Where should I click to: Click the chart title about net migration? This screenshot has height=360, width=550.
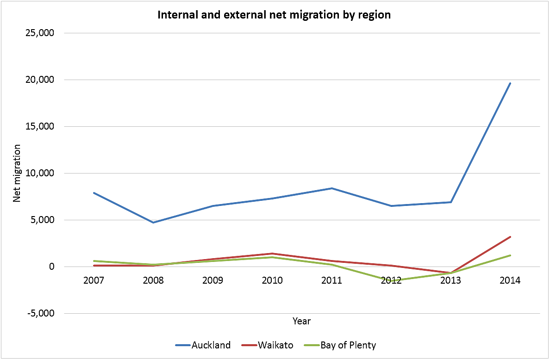click(274, 15)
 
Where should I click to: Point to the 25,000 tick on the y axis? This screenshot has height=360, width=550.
click(42, 33)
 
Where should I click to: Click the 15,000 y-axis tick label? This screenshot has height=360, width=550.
click(42, 127)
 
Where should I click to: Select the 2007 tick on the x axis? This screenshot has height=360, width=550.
click(94, 281)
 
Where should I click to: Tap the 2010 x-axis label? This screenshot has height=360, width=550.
click(272, 281)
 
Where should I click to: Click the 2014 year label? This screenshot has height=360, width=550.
click(510, 281)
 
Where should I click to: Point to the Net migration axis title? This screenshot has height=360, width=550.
click(17, 173)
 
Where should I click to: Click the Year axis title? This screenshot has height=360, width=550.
click(302, 321)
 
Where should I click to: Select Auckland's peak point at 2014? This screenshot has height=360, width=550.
click(510, 83)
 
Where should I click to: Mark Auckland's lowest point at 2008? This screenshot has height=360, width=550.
click(153, 223)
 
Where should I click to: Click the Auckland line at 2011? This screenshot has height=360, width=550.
click(331, 188)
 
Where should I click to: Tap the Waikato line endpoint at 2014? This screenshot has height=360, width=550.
click(510, 237)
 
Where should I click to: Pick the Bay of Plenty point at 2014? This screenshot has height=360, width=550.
click(510, 255)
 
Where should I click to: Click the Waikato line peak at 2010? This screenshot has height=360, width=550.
click(272, 254)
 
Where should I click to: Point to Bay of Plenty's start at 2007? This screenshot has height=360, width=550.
click(94, 261)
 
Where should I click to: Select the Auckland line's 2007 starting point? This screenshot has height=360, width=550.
click(94, 193)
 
